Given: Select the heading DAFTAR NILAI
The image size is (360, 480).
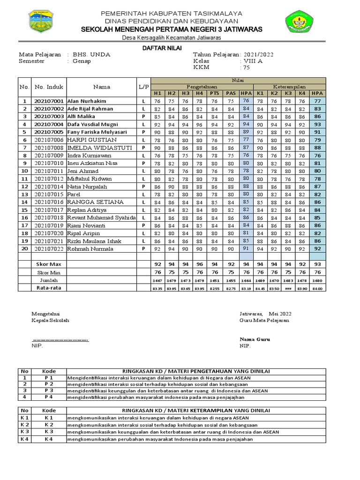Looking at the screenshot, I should pyautogui.click(x=162, y=48).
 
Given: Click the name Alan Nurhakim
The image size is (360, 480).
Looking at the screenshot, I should pyautogui.click(x=87, y=101).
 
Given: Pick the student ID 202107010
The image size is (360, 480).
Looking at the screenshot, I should pyautogui.click(x=49, y=163).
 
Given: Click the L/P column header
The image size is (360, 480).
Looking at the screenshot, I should pyautogui.click(x=143, y=87).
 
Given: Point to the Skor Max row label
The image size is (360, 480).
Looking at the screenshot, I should pyautogui.click(x=49, y=264).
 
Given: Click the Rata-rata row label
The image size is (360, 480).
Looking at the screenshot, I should pyautogui.click(x=49, y=288).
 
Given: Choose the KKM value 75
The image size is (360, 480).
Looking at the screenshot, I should pyautogui.click(x=246, y=67).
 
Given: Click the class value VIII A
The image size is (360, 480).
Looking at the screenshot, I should pyautogui.click(x=252, y=61).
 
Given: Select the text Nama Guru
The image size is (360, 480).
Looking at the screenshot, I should pyautogui.click(x=255, y=339).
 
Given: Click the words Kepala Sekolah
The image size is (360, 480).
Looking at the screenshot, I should pyautogui.click(x=50, y=320).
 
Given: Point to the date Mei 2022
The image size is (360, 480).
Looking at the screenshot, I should pyautogui.click(x=280, y=313).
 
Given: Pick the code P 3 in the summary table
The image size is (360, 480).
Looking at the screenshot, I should pyautogui.click(x=49, y=390).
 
